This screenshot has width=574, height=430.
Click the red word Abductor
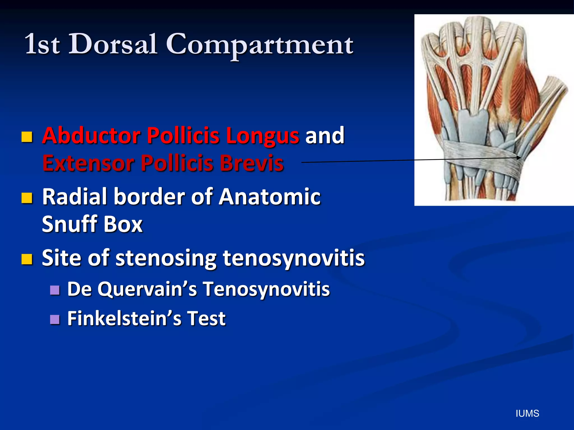pyautogui.click(x=91, y=135)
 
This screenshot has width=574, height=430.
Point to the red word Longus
pyautogui.click(x=263, y=136)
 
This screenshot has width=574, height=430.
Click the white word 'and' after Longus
pyautogui.click(x=325, y=135)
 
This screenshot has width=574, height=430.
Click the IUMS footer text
pyautogui.click(x=527, y=413)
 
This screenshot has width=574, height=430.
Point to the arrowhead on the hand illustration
pyautogui.click(x=519, y=158)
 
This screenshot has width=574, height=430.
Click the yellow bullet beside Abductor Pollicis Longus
pyautogui.click(x=27, y=137)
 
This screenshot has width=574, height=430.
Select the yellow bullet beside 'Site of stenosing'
pyautogui.click(x=27, y=259)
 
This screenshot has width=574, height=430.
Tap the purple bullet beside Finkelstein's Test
pyautogui.click(x=55, y=319)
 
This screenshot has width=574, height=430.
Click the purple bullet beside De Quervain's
pyautogui.click(x=55, y=290)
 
